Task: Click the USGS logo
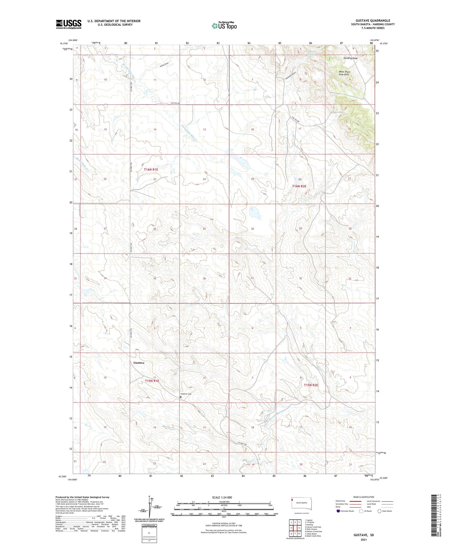pos(69,24)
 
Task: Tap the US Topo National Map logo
pos(224,26)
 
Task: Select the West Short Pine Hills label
pos(345,73)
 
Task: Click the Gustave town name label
pos(139,363)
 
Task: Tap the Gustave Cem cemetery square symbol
pos(181,397)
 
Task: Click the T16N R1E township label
pos(151,170)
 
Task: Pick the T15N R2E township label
pos(311,385)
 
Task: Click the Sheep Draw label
pos(164,64)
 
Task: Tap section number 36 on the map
pos(204,279)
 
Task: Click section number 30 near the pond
pos(252,229)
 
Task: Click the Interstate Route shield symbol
pos(338,511)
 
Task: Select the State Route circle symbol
pos(380,511)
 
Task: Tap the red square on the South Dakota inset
pos(292,500)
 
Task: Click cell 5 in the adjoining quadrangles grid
pos(299,528)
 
